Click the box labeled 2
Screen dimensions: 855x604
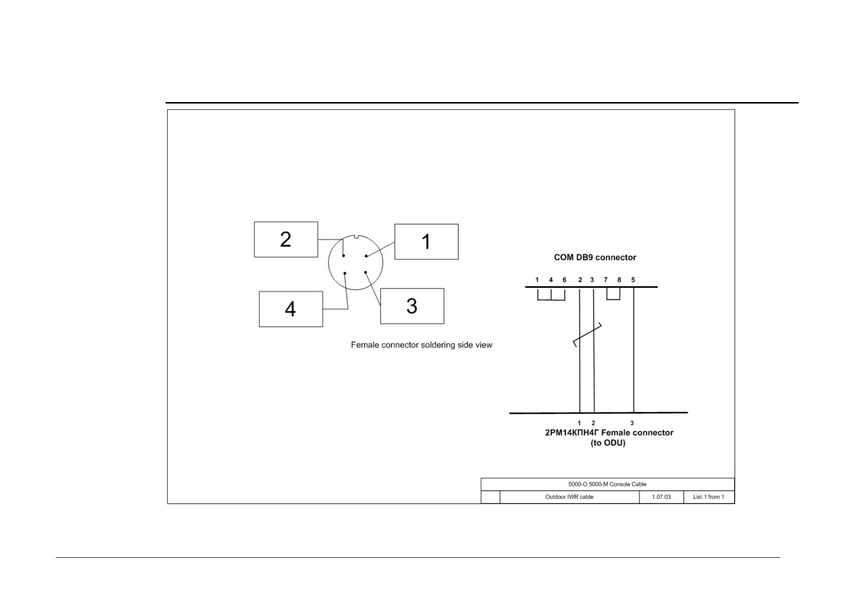tap(286, 240)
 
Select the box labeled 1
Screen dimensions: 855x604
tap(426, 242)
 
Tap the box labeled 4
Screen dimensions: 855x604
tap(291, 309)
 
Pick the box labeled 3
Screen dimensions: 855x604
tap(412, 306)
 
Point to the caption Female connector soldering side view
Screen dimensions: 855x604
tap(421, 345)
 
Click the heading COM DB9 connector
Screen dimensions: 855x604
tap(595, 257)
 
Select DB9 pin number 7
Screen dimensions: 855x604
tap(606, 280)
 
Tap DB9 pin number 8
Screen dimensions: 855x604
tap(619, 280)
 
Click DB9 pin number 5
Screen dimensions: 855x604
tap(633, 280)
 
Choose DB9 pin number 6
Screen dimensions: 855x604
tap(565, 280)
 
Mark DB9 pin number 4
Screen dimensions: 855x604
tap(551, 280)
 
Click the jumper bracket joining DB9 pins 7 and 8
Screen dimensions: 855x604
tap(613, 298)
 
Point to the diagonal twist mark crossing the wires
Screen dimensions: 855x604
tap(587, 335)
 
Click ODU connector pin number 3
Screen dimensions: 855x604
tap(632, 423)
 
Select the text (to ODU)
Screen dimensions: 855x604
tap(608, 443)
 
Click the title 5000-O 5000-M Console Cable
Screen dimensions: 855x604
tap(607, 484)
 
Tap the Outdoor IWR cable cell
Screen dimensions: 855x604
tap(569, 497)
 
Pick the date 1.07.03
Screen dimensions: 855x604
tap(661, 497)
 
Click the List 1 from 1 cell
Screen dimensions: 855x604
tap(708, 497)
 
